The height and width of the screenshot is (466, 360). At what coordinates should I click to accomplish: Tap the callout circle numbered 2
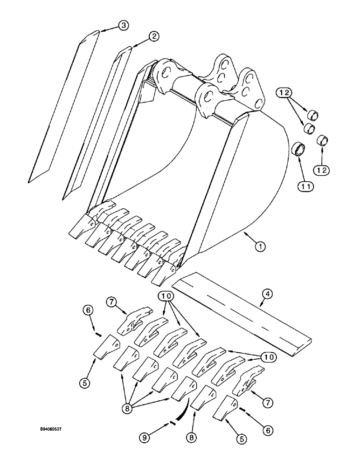(x=154, y=36)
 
